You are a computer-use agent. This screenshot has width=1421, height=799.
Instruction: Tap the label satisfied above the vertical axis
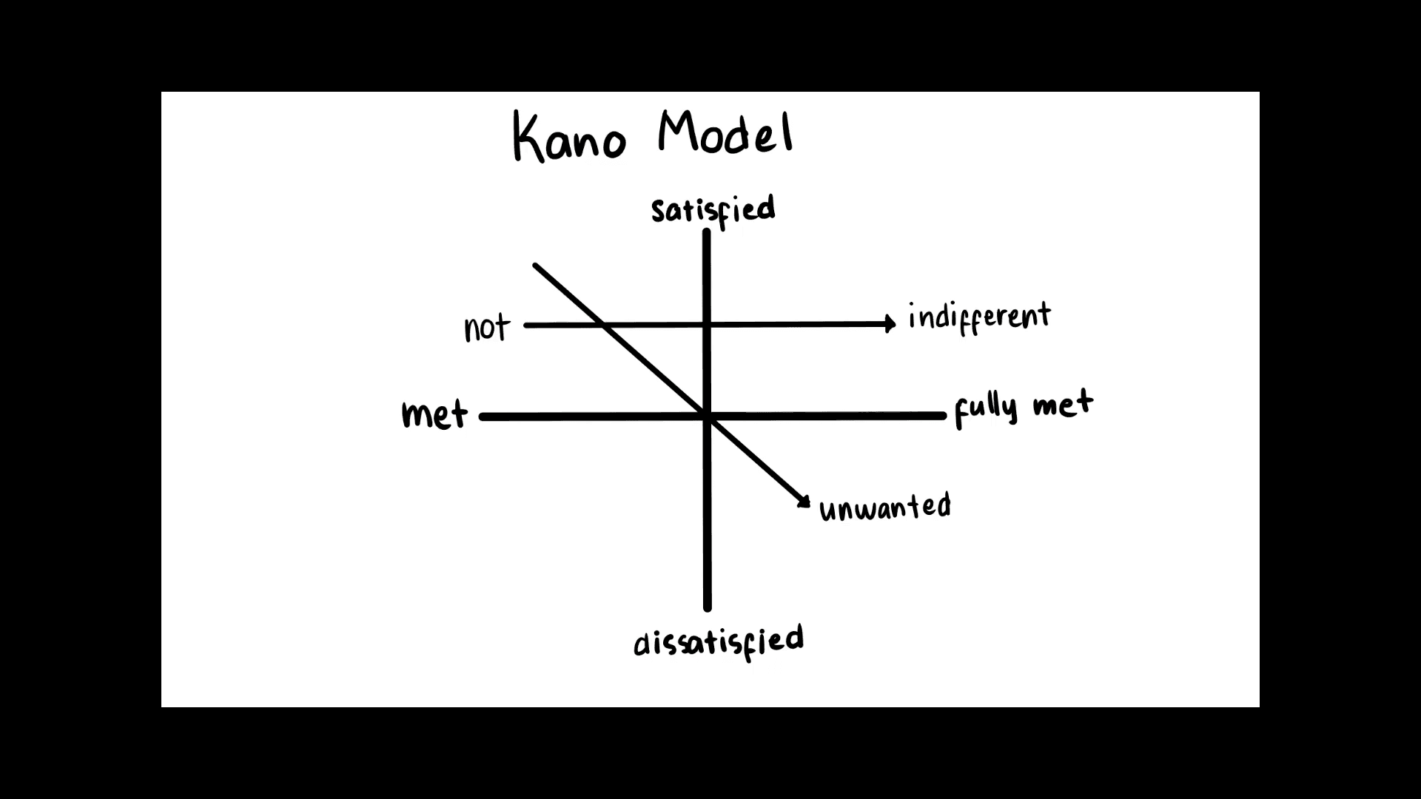tap(713, 209)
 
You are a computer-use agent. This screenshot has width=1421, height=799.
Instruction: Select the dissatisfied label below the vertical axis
tap(718, 641)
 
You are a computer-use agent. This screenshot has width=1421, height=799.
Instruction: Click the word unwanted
tap(884, 508)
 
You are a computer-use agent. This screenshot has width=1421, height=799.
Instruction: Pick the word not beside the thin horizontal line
tap(487, 327)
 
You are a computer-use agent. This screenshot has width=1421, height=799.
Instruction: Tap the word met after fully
tap(1063, 405)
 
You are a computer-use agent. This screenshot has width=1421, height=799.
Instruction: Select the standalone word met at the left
tap(434, 414)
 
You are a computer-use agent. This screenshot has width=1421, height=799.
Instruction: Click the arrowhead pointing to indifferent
tap(890, 323)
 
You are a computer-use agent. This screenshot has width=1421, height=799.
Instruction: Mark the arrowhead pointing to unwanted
tap(804, 502)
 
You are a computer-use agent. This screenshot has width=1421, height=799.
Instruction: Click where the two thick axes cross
tap(707, 417)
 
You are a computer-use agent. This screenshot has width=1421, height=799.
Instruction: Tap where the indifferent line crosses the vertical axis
tap(707, 324)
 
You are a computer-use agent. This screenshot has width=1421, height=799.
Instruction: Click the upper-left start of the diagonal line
tap(535, 265)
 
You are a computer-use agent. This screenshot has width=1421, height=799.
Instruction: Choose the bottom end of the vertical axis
tap(707, 608)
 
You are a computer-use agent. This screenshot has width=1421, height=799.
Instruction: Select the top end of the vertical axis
tap(707, 232)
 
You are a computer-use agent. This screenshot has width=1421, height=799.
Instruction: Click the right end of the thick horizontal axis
tap(943, 417)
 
